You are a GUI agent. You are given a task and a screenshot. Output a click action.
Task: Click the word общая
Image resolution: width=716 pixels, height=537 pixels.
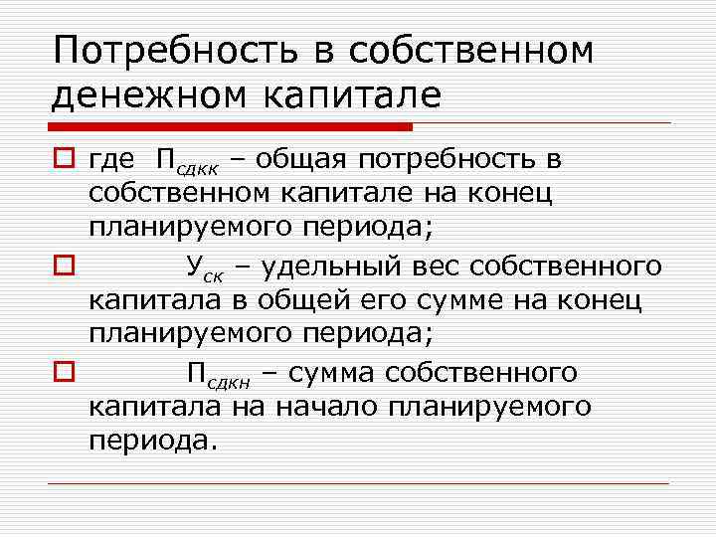[x=307, y=158]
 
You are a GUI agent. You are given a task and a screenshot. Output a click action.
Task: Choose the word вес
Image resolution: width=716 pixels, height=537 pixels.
[x=434, y=266]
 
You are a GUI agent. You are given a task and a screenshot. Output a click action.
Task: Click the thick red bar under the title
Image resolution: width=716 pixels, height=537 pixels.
[x=230, y=127]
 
